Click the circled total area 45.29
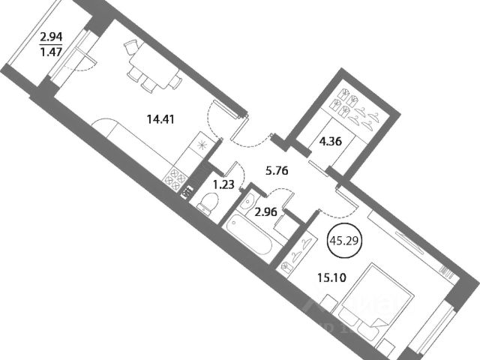(x=346, y=241)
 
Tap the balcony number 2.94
(x=51, y=35)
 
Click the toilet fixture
(x=207, y=201)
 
